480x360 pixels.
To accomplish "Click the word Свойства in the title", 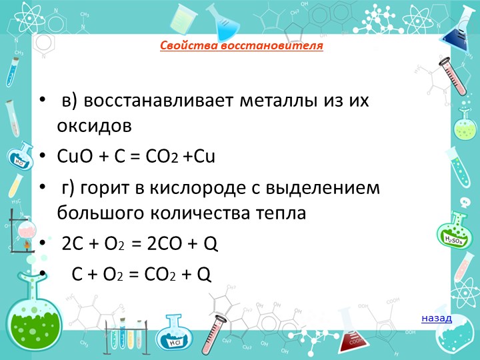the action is (189, 45).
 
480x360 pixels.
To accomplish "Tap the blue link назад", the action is (437, 319).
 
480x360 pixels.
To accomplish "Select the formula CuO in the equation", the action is (75, 156).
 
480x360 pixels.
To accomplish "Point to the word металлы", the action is (278, 100).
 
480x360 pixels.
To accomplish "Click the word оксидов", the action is (94, 125).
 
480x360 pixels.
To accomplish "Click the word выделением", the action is (323, 188).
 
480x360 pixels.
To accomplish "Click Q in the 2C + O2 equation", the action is (211, 244).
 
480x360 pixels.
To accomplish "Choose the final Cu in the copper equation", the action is (204, 156).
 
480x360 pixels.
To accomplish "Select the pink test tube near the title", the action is (453, 76).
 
